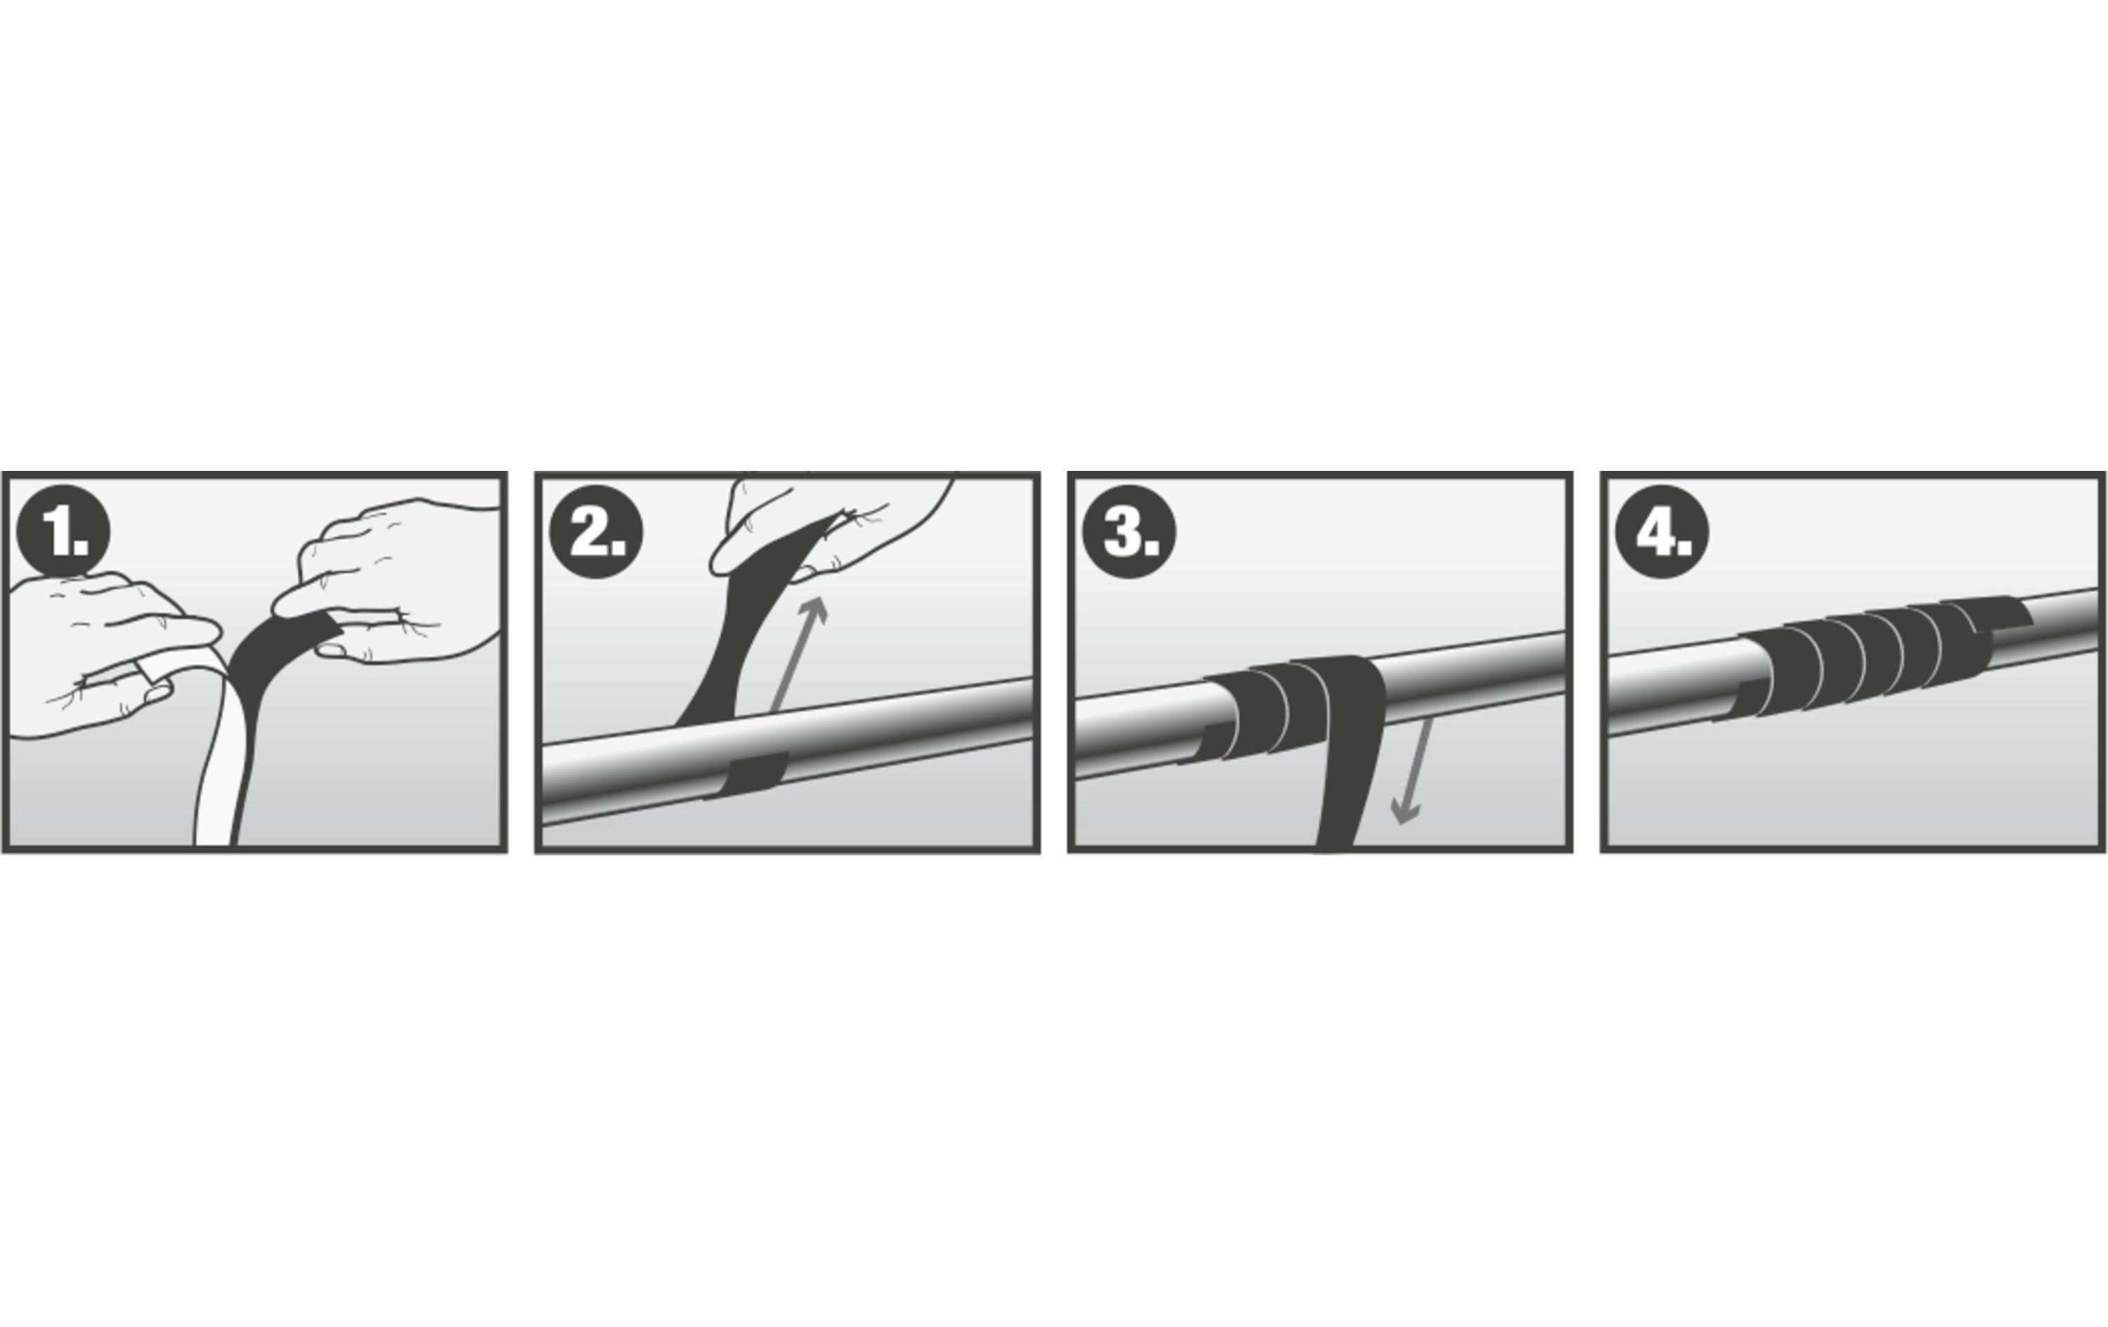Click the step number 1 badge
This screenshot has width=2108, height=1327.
63,531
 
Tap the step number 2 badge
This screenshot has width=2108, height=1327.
596,531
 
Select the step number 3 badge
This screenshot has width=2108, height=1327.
1129,531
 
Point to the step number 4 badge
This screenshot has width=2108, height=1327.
1662,531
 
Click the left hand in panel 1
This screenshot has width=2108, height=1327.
105,652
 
